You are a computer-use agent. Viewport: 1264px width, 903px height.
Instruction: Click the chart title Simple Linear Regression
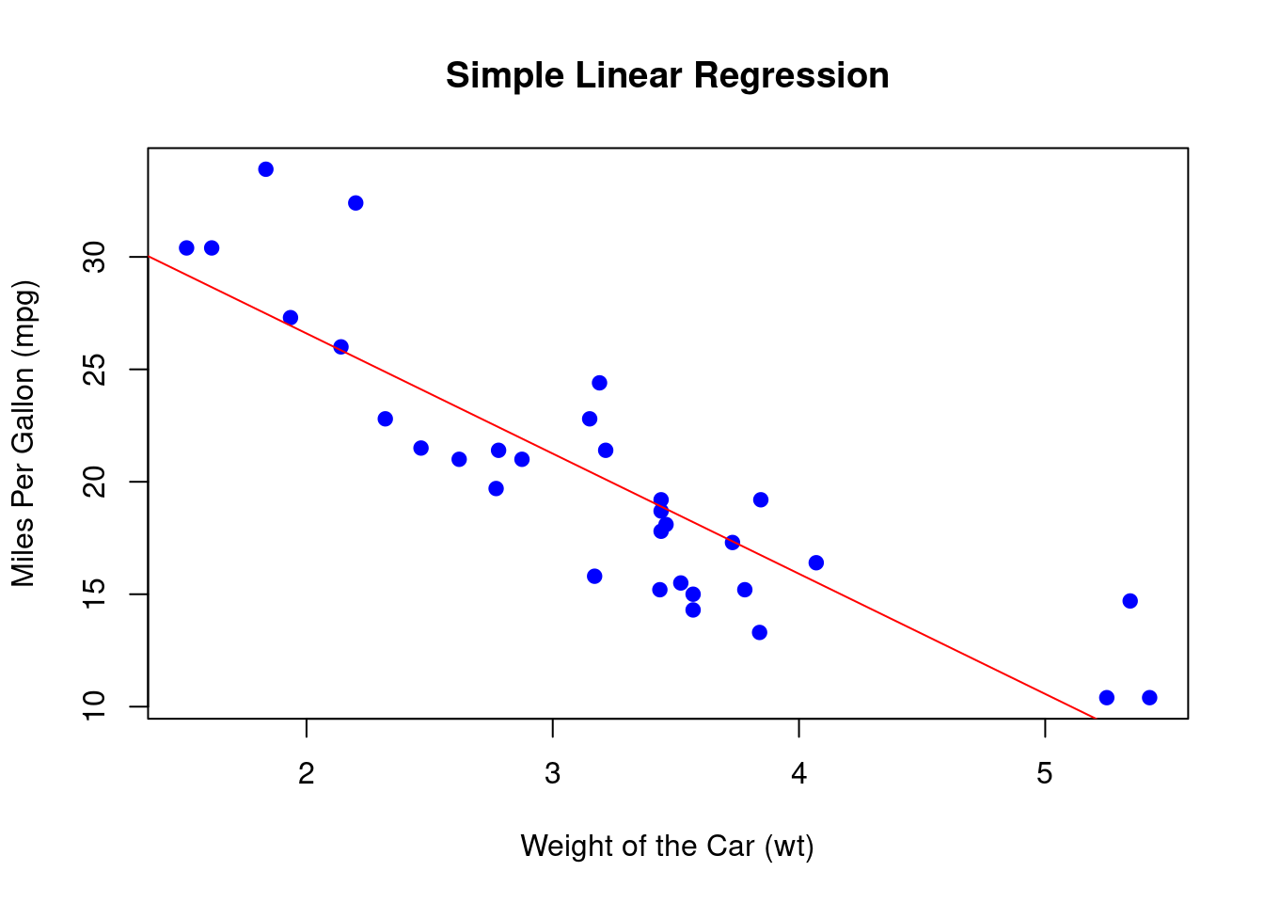point(667,75)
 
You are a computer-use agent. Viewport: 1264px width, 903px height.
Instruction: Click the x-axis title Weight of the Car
point(667,846)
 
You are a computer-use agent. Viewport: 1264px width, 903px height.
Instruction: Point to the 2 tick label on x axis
point(307,774)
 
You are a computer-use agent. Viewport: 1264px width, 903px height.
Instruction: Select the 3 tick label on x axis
point(553,774)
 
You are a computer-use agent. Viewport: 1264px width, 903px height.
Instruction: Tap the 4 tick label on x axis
point(798,774)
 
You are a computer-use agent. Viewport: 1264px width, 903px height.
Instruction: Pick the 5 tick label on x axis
point(1045,774)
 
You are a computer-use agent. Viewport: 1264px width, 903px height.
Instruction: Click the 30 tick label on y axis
point(95,257)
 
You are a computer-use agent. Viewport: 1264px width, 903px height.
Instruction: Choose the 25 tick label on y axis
point(95,370)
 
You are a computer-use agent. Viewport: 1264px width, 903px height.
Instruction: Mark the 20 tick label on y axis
point(95,482)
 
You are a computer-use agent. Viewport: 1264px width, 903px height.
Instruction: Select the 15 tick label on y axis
point(95,594)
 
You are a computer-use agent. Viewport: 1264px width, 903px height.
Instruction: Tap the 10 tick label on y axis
point(95,706)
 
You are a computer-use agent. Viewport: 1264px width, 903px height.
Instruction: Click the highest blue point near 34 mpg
point(266,169)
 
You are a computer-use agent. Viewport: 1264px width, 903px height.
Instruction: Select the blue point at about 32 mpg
point(355,203)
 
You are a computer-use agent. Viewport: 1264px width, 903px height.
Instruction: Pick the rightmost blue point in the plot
point(1149,697)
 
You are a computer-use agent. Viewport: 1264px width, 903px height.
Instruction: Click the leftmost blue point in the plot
point(186,248)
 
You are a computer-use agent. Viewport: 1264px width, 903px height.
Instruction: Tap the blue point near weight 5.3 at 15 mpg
point(1130,601)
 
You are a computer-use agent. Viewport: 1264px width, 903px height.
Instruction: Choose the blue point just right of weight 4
point(816,562)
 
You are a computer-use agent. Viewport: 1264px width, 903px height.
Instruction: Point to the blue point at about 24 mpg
point(599,383)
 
